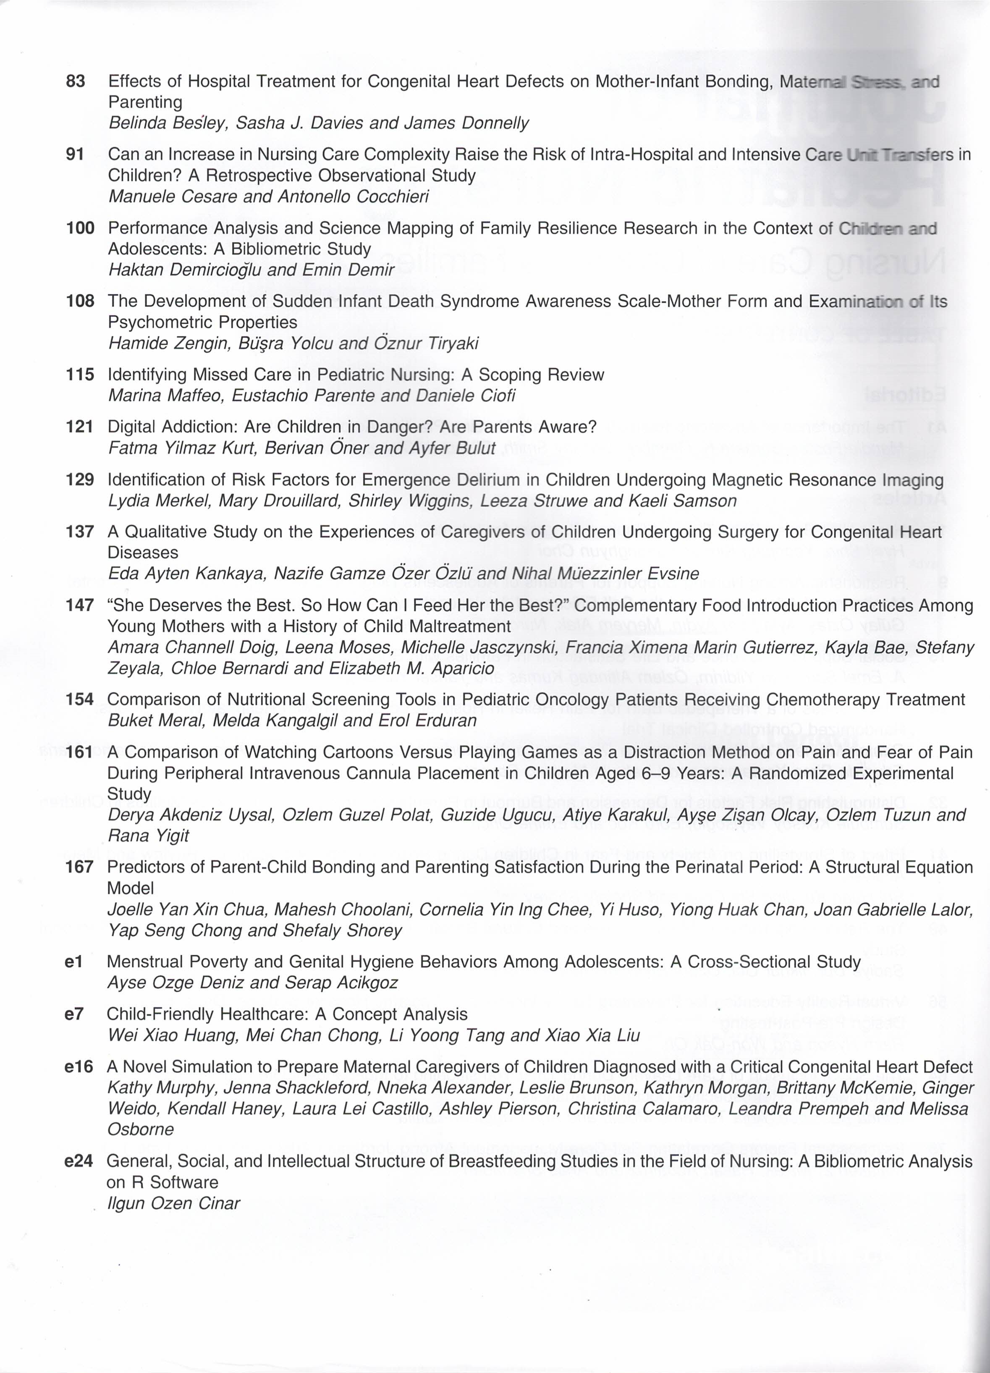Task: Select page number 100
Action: point(80,228)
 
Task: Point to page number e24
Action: point(79,1161)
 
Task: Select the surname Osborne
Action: point(141,1129)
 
